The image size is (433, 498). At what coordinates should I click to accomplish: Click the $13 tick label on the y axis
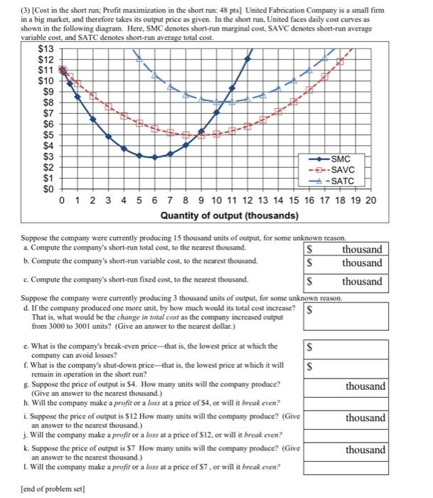coord(46,48)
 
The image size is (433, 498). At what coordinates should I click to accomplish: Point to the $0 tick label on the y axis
coord(46,189)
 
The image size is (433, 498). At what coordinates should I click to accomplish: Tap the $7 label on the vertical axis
coord(46,112)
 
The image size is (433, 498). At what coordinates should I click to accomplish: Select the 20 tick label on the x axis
coord(370,201)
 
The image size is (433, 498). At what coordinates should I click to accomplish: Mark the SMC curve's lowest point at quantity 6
coord(155,157)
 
